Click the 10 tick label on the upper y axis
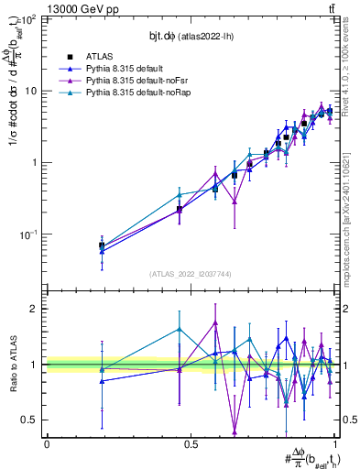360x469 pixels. point(32,91)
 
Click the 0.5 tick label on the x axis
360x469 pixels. point(191,444)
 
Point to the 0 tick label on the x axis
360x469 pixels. point(47,444)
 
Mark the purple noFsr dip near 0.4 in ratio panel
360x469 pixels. point(235,431)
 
